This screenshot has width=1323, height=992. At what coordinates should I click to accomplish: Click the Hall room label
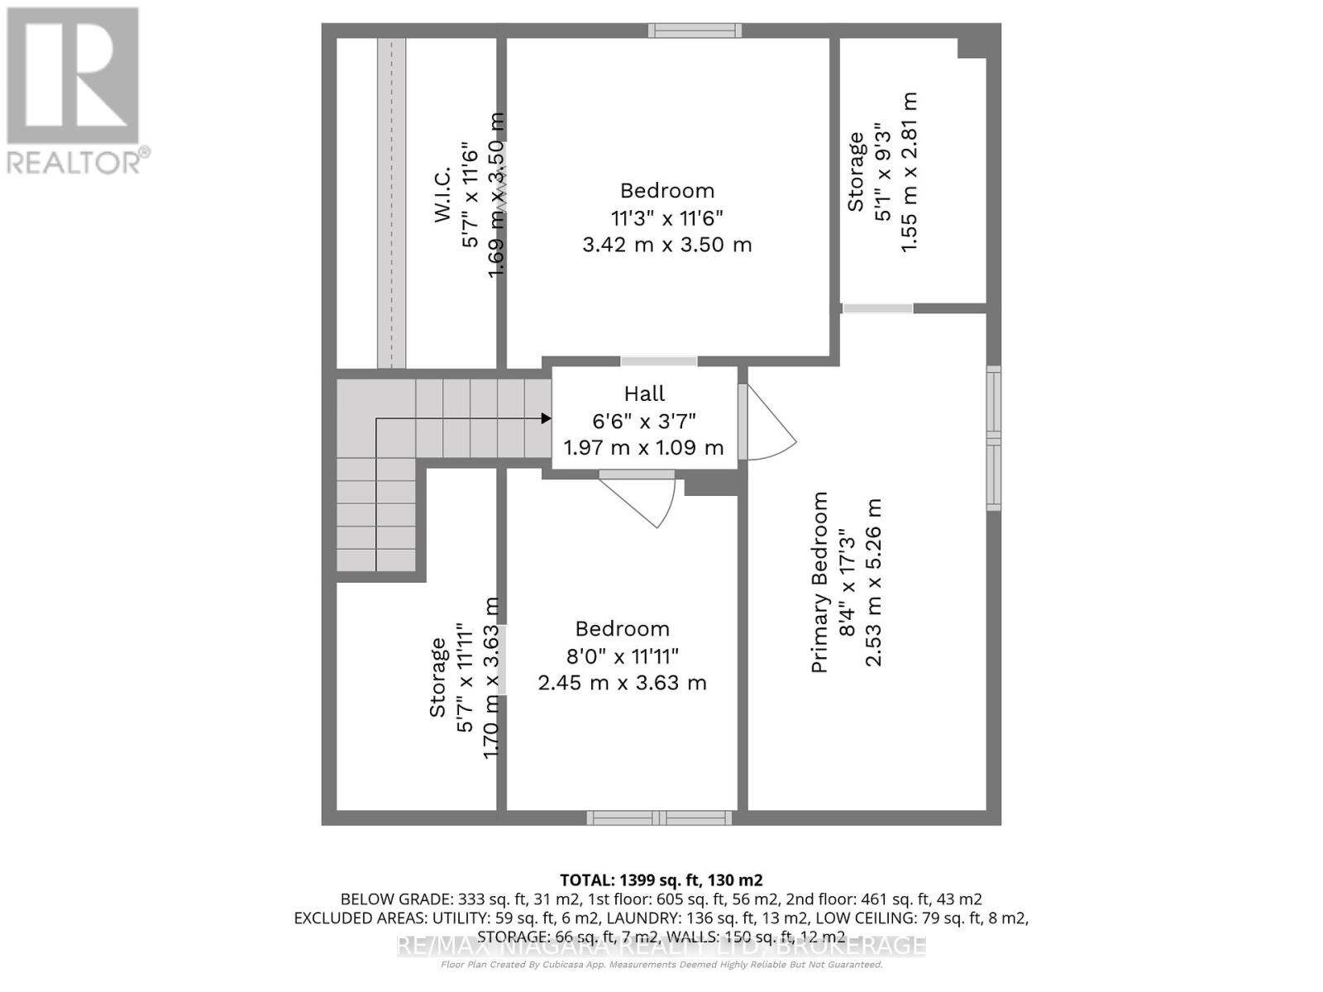[x=644, y=393]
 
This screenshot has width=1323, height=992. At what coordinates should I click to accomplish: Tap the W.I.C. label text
[x=442, y=194]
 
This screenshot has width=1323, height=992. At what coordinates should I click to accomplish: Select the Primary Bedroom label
[x=819, y=582]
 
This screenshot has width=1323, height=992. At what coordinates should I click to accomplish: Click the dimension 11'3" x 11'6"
[x=666, y=218]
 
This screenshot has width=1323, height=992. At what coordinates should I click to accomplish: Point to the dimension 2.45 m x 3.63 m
[x=622, y=683]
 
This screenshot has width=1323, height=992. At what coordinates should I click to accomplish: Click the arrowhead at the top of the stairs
[x=546, y=418]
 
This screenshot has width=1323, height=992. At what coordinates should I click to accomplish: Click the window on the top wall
[x=695, y=31]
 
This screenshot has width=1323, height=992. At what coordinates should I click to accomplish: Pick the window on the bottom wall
[x=659, y=818]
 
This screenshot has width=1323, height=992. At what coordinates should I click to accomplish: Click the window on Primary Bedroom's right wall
[x=993, y=438]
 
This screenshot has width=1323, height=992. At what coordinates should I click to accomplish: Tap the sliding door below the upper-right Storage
[x=877, y=308]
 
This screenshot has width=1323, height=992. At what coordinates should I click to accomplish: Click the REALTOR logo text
[x=78, y=161]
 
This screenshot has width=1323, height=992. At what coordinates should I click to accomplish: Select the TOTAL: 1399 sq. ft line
[x=661, y=880]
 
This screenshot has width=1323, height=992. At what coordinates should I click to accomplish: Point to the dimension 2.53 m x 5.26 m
[x=873, y=582]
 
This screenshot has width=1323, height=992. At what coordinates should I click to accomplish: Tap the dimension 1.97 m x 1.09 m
[x=643, y=448]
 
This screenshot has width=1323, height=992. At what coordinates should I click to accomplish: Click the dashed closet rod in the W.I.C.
[x=392, y=203]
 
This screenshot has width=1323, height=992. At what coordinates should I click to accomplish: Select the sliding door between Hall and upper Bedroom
[x=658, y=361]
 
